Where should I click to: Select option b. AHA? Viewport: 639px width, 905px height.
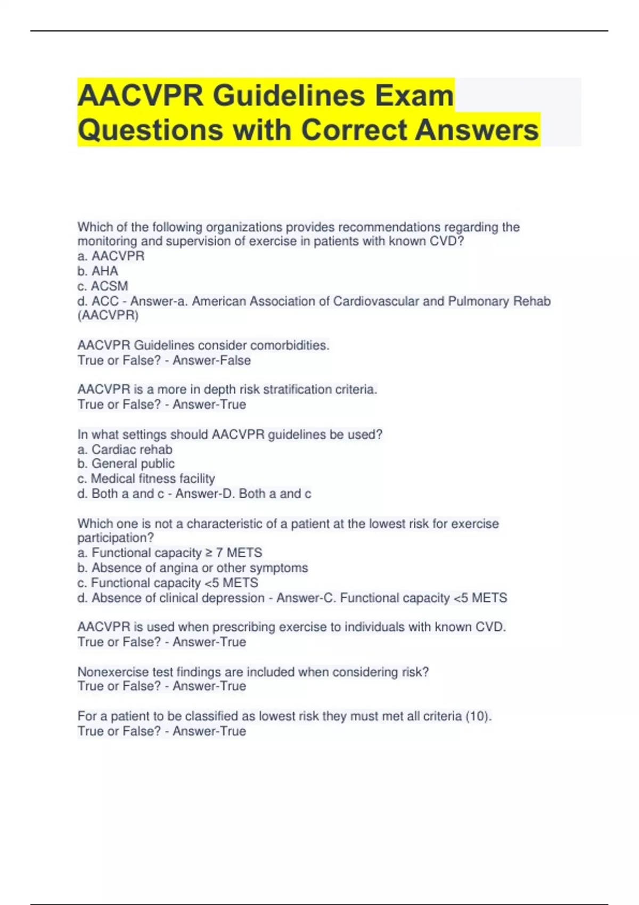(x=98, y=271)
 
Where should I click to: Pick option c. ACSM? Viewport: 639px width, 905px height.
(x=103, y=286)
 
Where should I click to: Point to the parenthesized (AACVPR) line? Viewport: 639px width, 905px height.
(x=108, y=316)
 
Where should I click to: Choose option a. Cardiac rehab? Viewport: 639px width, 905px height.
(x=125, y=449)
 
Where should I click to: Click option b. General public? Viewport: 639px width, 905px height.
(x=126, y=464)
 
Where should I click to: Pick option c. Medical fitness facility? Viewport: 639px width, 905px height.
(x=146, y=479)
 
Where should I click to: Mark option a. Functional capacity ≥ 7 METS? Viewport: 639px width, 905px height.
(x=170, y=553)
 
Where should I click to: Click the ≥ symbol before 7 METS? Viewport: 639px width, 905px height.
(x=209, y=553)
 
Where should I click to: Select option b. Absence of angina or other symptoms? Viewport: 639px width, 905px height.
(x=193, y=567)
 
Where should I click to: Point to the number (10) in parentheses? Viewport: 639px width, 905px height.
(x=477, y=717)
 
